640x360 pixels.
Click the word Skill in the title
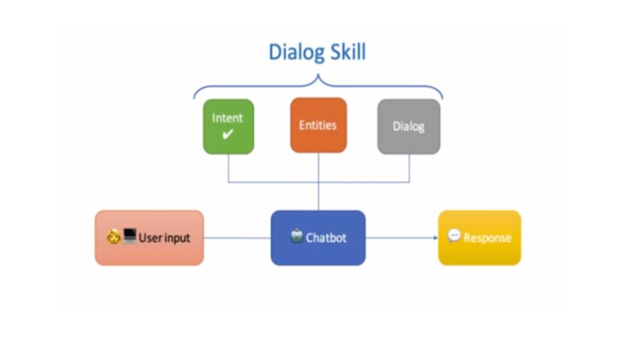(x=346, y=53)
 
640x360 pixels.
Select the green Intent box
(x=228, y=126)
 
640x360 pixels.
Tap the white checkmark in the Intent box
(x=228, y=135)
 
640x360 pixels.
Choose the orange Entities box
(x=318, y=126)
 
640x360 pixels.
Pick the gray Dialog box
(x=408, y=126)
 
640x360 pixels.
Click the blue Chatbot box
(x=318, y=238)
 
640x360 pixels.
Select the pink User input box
(x=149, y=238)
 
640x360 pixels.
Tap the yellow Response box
(x=479, y=238)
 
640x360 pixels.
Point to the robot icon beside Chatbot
(x=296, y=236)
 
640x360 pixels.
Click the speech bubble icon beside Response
(x=454, y=237)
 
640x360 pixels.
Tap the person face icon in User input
(x=114, y=237)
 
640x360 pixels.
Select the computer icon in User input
(x=130, y=237)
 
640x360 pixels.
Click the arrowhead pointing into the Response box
(x=435, y=238)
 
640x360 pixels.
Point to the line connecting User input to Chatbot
(x=237, y=238)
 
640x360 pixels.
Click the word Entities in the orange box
(x=318, y=126)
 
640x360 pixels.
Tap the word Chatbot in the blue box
(x=326, y=238)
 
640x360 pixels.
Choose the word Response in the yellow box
(x=487, y=238)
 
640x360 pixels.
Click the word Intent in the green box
(x=228, y=118)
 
